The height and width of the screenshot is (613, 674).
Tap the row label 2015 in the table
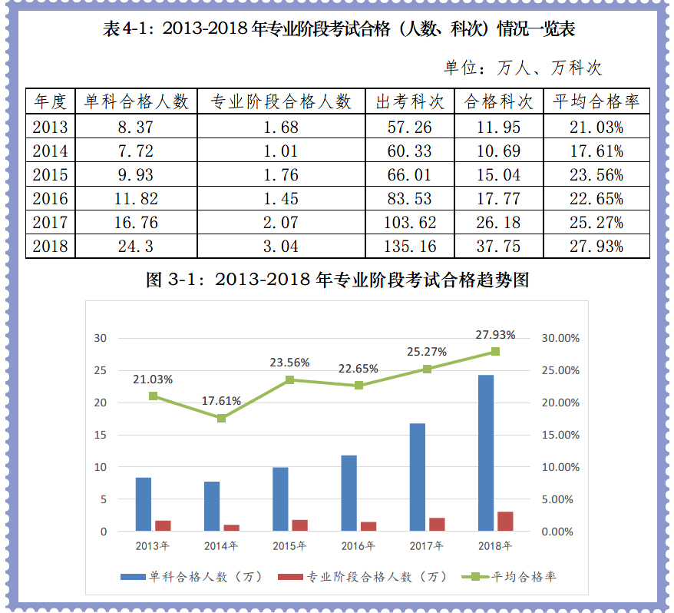50,174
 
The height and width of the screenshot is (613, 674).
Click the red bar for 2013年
164,525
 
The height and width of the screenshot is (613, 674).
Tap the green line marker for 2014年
221,418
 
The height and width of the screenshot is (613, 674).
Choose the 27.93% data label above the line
495,335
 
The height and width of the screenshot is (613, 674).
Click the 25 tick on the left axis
100,370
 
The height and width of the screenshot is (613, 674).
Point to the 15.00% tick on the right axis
560,435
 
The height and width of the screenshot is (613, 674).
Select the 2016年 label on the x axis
358,546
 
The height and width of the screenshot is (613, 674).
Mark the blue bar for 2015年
280,499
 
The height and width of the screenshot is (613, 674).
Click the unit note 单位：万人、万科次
523,68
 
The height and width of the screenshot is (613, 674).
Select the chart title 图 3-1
338,280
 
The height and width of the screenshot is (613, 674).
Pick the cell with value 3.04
281,247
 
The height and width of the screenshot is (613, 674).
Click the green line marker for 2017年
427,369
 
